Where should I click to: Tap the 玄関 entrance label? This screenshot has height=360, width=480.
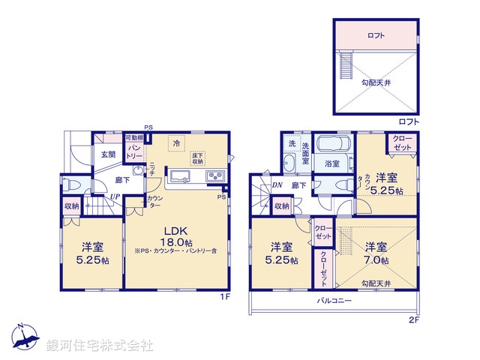108,154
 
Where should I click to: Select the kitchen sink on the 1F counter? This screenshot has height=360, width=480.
181,176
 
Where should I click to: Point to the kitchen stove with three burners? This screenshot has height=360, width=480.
215,176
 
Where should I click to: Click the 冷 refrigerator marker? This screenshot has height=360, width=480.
176,142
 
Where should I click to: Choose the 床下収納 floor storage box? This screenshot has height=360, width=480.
197,157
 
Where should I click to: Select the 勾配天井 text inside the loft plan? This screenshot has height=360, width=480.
375,82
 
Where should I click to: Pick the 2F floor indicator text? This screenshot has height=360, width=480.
415,320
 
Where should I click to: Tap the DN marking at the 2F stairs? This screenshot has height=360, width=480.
276,184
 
